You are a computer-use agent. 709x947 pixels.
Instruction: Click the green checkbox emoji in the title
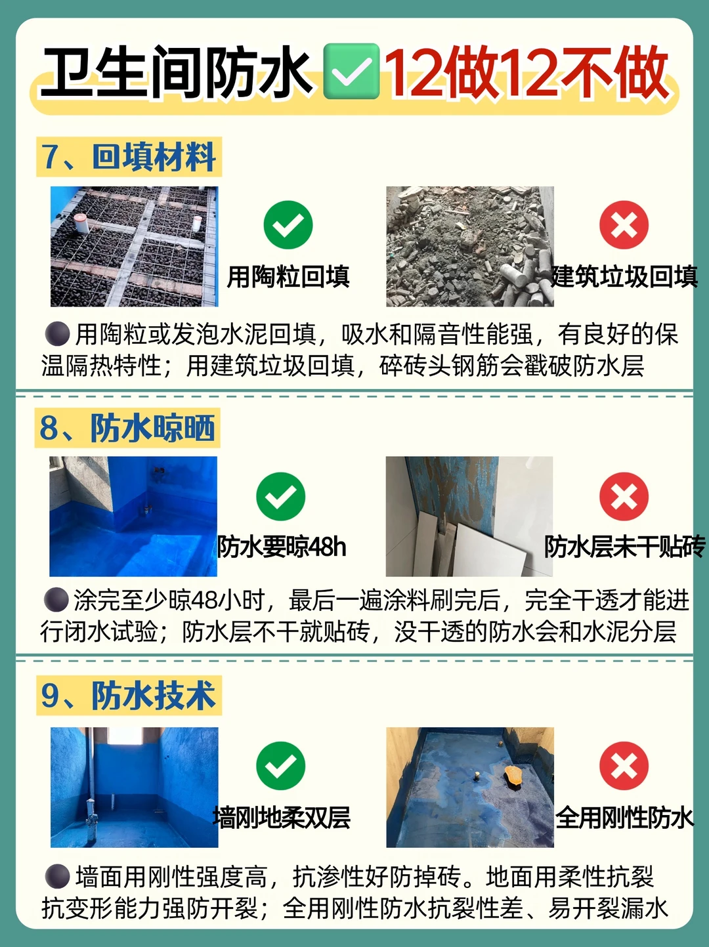click(x=351, y=71)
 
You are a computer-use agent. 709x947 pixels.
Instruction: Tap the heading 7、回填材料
click(x=129, y=157)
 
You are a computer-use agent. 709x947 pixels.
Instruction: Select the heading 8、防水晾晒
click(x=127, y=427)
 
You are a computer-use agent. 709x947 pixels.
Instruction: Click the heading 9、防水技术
click(x=129, y=696)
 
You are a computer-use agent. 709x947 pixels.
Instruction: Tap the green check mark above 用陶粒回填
click(x=288, y=225)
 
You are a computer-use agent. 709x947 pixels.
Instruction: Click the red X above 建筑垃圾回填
click(x=624, y=225)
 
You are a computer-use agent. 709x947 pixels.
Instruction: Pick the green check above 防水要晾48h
click(x=280, y=496)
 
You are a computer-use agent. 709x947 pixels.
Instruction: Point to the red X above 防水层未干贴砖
click(x=624, y=496)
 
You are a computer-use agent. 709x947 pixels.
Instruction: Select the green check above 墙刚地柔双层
click(x=280, y=765)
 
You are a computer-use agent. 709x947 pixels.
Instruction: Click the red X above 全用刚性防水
click(x=624, y=765)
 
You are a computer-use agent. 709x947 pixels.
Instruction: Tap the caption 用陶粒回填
click(x=288, y=276)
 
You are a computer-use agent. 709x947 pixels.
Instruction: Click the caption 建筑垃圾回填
click(x=624, y=276)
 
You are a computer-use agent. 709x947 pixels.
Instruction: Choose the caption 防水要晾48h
click(x=282, y=547)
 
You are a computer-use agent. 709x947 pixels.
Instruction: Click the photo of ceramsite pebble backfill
click(x=134, y=246)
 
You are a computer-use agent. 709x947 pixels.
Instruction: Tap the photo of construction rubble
click(x=470, y=246)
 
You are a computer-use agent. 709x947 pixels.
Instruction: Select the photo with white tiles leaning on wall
click(x=469, y=516)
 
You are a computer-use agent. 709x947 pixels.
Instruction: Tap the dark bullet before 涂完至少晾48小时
click(x=56, y=600)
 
